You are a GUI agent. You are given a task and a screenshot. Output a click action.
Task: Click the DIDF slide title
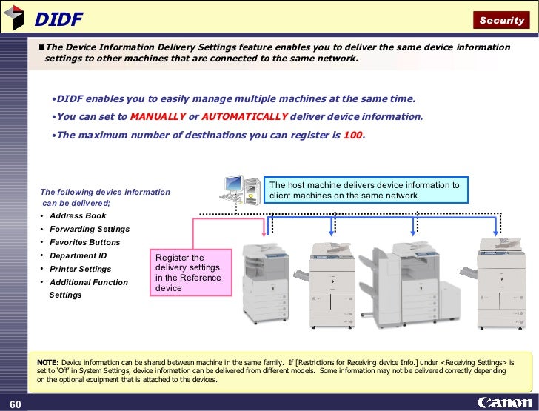58,19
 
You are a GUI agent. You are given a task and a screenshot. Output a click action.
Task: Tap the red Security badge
501,20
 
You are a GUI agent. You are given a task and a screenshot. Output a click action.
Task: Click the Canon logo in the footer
505,402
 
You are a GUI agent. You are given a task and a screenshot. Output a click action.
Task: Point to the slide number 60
15,404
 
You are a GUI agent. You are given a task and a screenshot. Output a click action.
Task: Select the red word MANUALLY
158,116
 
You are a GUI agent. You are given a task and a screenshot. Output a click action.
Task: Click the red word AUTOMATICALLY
244,116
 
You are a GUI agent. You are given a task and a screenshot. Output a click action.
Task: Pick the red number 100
352,135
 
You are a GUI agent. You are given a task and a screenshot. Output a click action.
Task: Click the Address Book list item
78,215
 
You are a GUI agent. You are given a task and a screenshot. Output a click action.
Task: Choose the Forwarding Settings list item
90,229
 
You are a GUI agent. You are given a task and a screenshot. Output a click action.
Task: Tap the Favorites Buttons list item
84,242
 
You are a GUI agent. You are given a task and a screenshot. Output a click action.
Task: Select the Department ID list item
78,255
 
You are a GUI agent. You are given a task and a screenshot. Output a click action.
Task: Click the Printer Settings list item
80,269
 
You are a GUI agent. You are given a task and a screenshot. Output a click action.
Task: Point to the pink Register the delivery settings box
191,273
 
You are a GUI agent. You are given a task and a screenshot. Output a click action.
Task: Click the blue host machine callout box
366,190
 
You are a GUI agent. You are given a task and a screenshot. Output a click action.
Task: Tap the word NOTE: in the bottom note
48,362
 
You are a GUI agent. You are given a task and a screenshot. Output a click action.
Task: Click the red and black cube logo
14,17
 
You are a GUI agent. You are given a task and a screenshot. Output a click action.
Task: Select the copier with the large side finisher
409,285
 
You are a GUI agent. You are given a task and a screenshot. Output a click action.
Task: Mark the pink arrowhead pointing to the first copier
264,234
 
